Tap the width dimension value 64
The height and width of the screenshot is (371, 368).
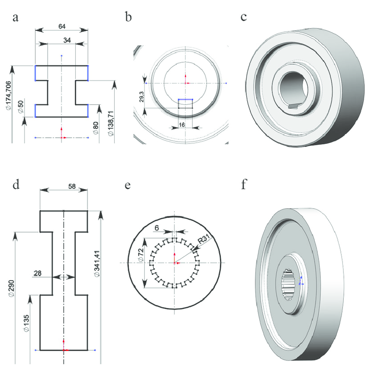click(62, 26)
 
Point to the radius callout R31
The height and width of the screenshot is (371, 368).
click(202, 239)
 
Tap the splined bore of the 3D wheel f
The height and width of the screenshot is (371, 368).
click(289, 284)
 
